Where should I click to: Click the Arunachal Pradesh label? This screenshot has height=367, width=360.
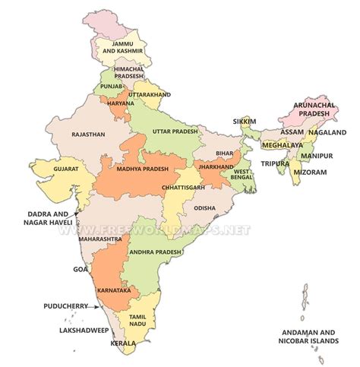pyautogui.click(x=314, y=109)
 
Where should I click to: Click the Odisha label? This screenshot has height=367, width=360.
pyautogui.click(x=204, y=207)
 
